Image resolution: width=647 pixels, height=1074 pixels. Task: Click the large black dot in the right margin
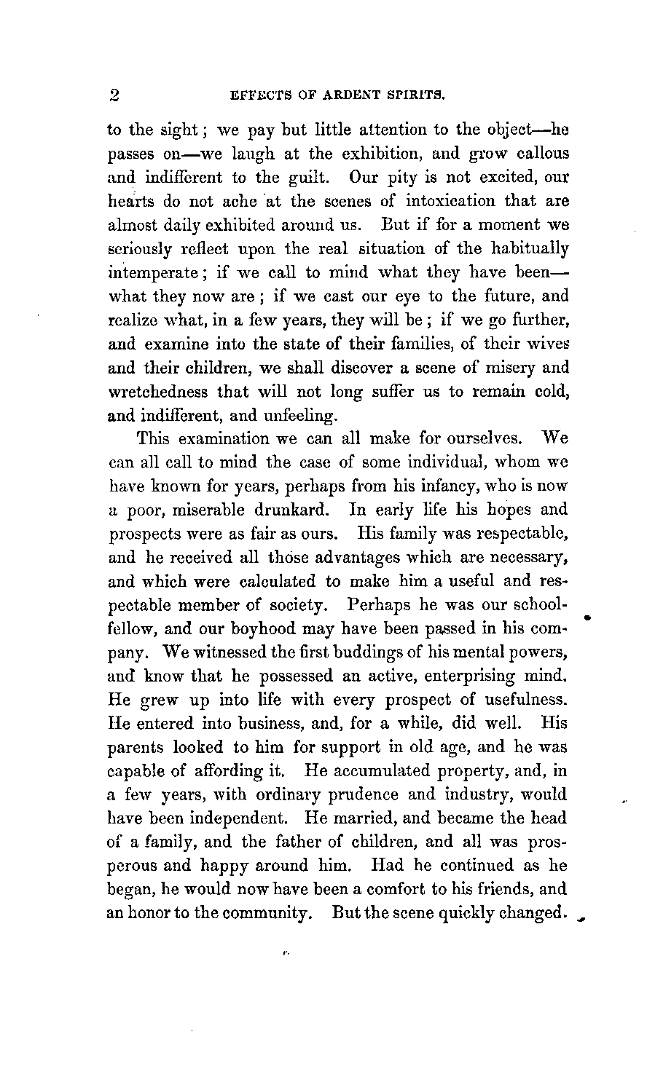pos(587,617)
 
